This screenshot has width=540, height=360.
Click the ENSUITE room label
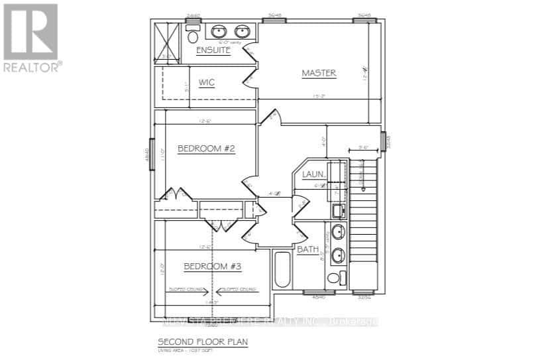pyautogui.click(x=213, y=51)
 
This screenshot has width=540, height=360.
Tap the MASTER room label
pyautogui.click(x=319, y=73)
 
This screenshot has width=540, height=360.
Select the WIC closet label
pyautogui.click(x=207, y=83)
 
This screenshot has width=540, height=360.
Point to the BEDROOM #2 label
pyautogui.click(x=207, y=149)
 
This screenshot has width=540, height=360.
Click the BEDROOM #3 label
pyautogui.click(x=213, y=267)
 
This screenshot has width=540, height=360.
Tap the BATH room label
pyautogui.click(x=308, y=250)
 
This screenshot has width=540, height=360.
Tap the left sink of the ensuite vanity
pyautogui.click(x=219, y=30)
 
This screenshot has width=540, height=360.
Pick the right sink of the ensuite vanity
pyautogui.click(x=242, y=30)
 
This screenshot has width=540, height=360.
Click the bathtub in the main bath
pyautogui.click(x=282, y=270)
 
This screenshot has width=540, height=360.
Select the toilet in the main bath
pyautogui.click(x=341, y=277)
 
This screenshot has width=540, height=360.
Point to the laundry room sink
pyautogui.click(x=338, y=211)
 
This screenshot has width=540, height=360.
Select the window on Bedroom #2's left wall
pyautogui.click(x=152, y=154)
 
